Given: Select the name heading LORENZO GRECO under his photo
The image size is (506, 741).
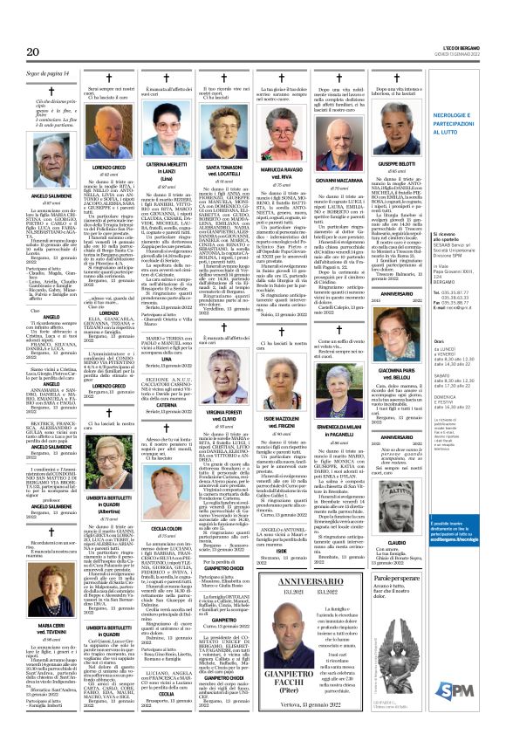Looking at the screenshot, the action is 109,166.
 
